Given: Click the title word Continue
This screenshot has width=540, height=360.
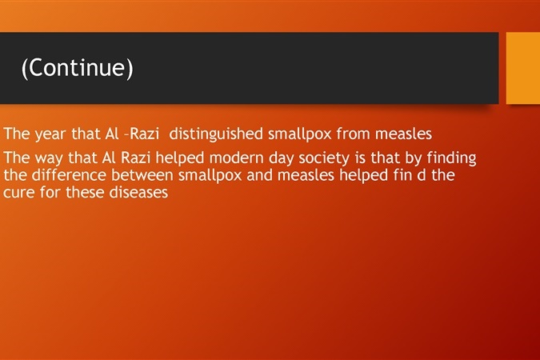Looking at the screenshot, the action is click(x=77, y=67).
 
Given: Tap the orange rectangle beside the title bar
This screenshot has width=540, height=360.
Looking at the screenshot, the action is click(x=523, y=68).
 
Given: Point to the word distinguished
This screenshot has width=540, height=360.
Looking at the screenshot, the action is click(x=216, y=134).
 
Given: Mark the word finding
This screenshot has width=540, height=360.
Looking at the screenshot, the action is click(x=451, y=158).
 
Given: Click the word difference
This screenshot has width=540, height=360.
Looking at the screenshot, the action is click(x=69, y=174).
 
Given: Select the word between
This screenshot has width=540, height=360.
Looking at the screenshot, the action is click(x=142, y=175).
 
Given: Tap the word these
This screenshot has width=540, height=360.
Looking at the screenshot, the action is click(x=85, y=192).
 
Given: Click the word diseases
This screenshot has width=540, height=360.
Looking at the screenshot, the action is click(x=138, y=192).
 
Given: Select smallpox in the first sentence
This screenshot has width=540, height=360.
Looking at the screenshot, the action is click(x=300, y=134).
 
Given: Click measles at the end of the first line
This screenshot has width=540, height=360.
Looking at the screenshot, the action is click(x=403, y=134).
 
